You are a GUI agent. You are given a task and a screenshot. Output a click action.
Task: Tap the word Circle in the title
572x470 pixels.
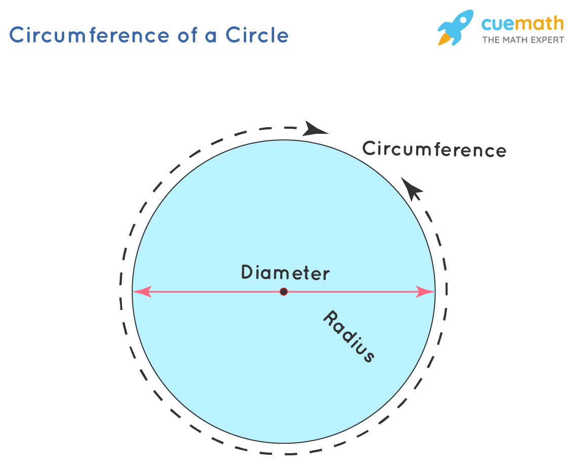(x=257, y=35)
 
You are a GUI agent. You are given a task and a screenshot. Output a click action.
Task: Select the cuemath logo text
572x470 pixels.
(x=522, y=24)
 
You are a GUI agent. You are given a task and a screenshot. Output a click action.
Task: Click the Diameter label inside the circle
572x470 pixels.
(x=285, y=273)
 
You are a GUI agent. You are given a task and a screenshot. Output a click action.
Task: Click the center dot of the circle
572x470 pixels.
(x=284, y=292)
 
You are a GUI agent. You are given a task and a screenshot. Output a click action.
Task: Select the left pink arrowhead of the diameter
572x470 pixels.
(x=142, y=292)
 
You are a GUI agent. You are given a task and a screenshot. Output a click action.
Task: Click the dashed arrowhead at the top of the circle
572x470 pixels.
(x=316, y=129)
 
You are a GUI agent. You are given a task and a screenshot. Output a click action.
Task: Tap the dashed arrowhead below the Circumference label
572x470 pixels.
(x=412, y=189)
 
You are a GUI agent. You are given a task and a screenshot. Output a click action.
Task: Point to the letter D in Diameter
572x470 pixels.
(x=247, y=272)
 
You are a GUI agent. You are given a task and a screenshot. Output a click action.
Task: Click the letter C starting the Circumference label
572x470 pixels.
(x=369, y=148)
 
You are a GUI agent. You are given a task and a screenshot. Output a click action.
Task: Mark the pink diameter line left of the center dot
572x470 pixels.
(x=212, y=292)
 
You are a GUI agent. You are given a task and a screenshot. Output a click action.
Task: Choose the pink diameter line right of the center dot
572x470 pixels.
(x=354, y=292)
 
